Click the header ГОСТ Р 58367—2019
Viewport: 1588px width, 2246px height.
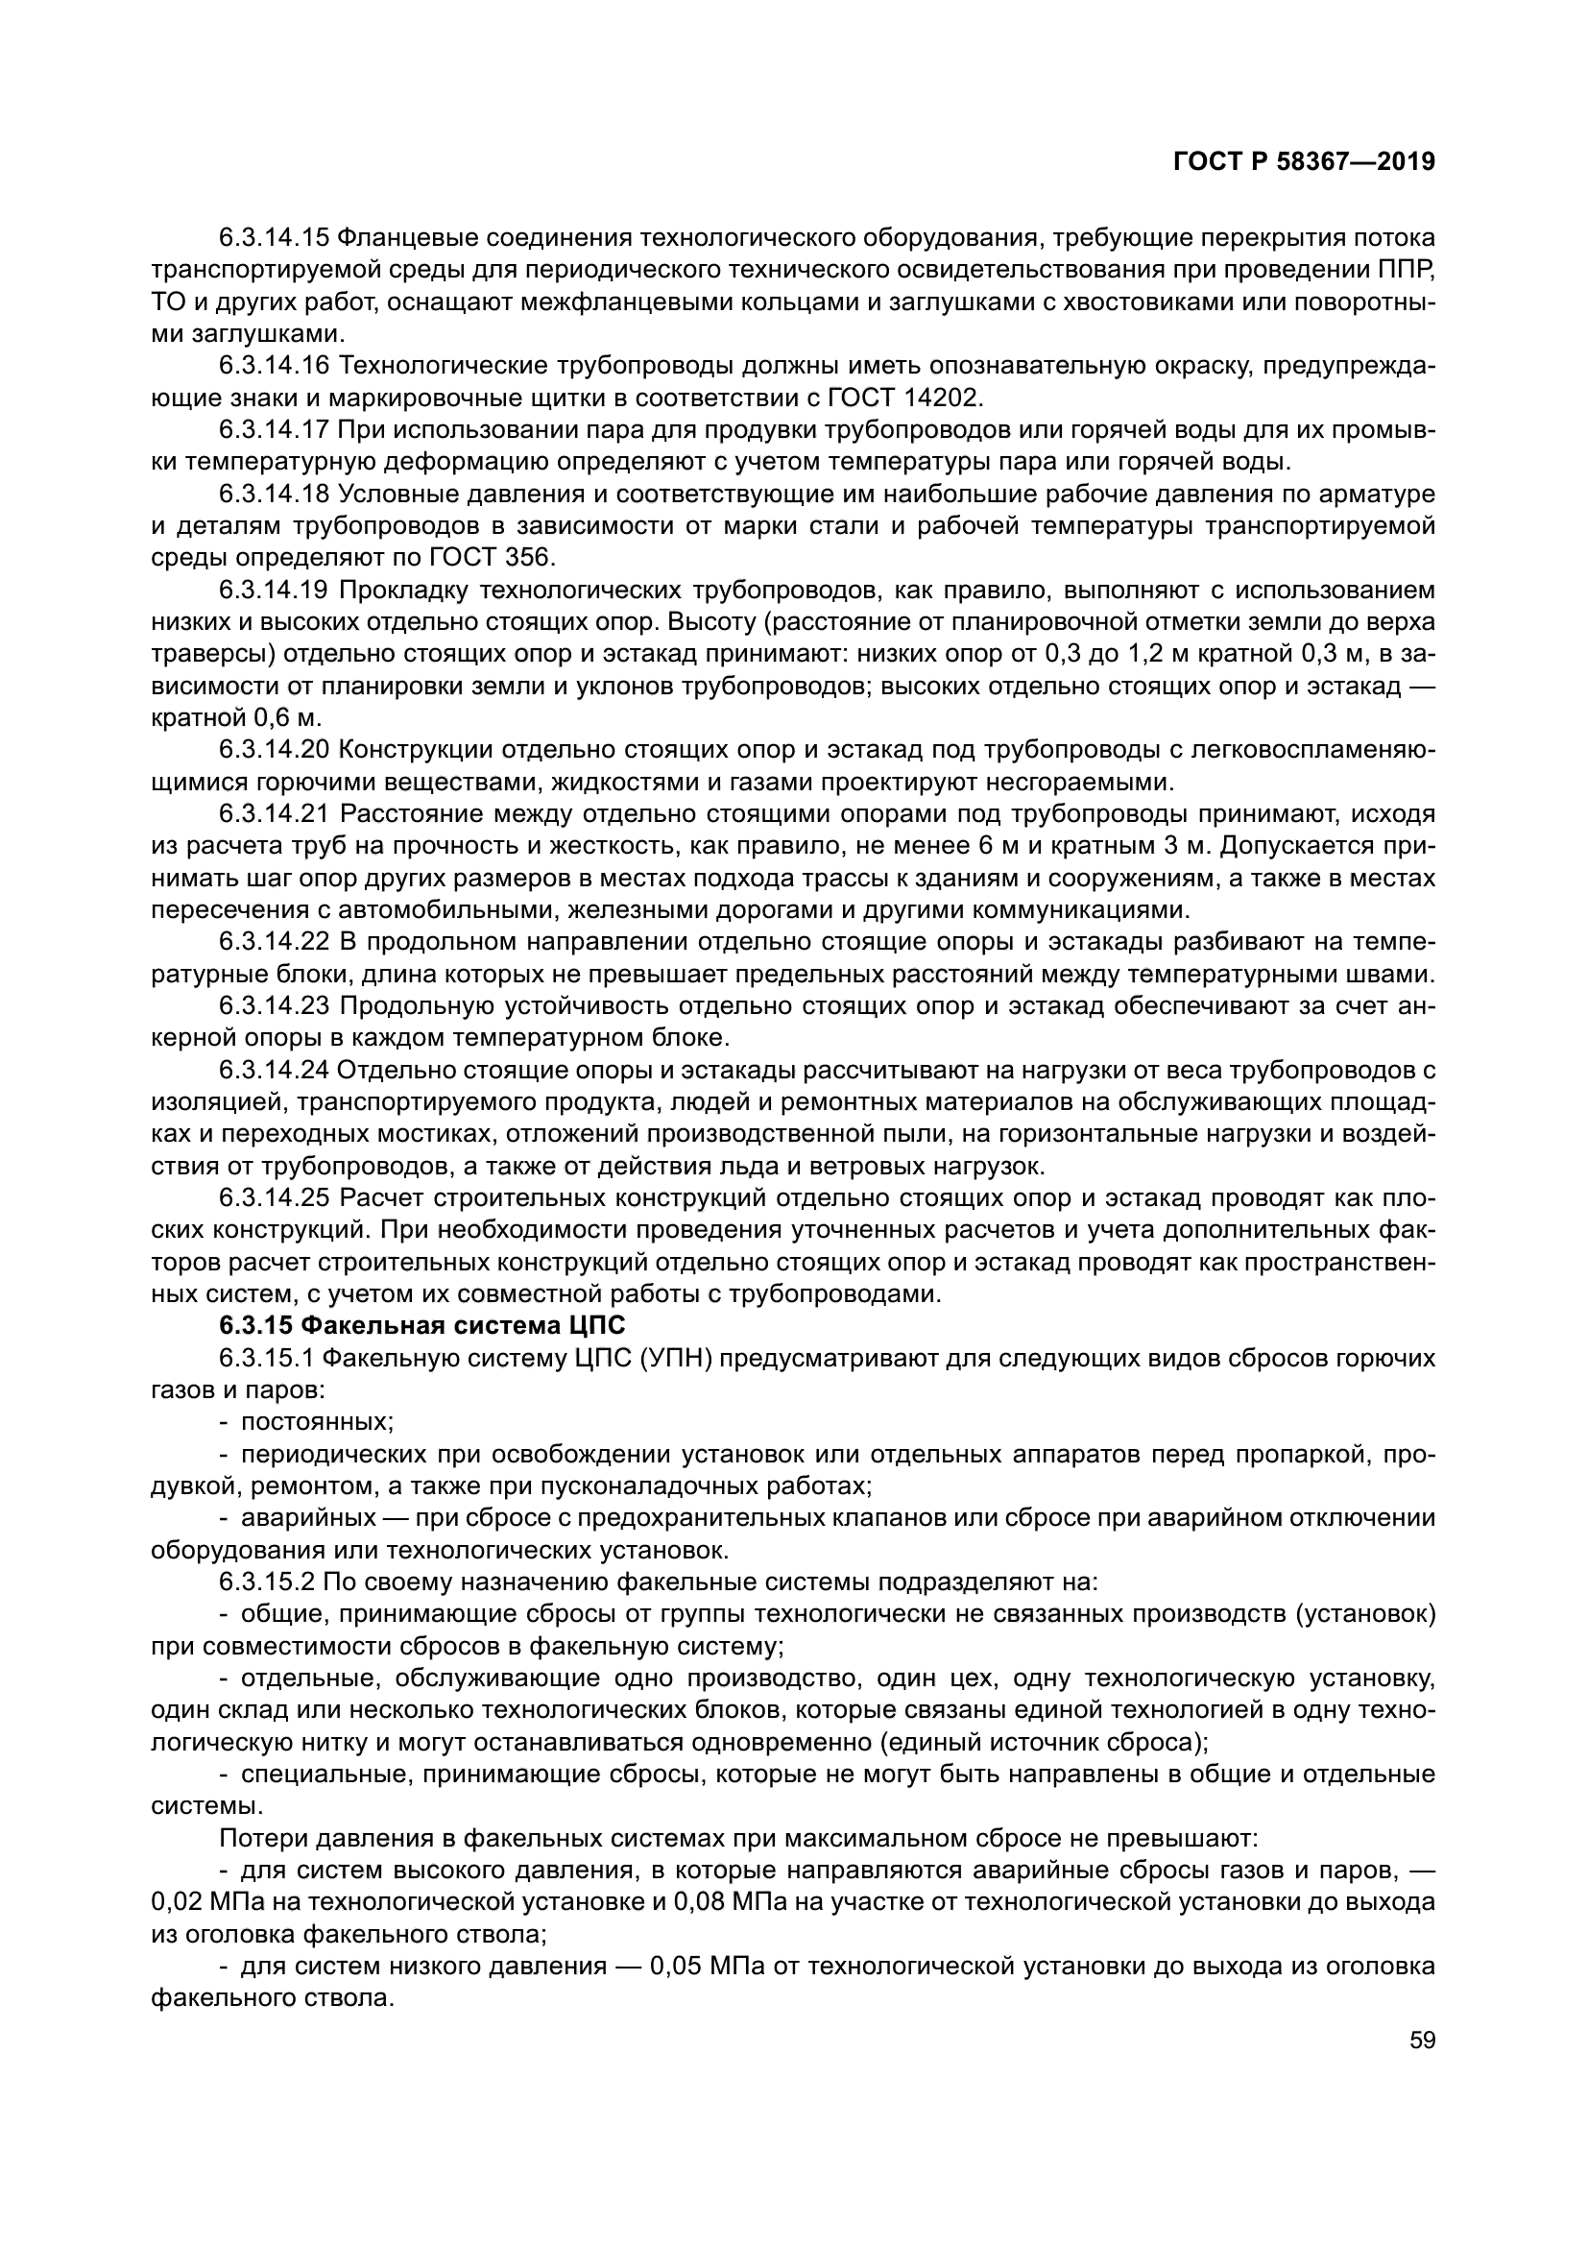pyautogui.click(x=1304, y=162)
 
